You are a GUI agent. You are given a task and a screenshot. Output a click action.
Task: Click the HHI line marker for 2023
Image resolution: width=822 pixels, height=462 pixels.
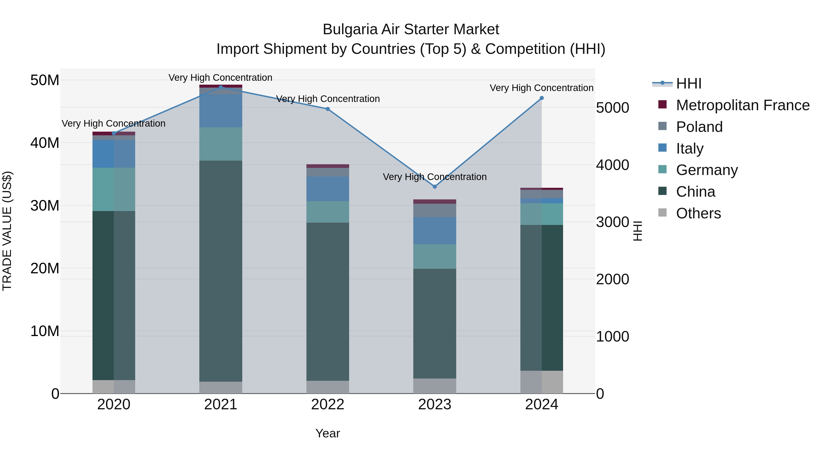(x=435, y=187)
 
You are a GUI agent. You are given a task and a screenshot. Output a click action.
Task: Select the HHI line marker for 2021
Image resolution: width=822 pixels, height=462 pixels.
(x=221, y=87)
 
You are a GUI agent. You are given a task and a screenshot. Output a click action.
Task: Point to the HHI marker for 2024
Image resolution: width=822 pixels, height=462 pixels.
(x=542, y=98)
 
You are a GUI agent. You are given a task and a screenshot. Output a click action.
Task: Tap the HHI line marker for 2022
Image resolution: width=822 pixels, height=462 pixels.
(x=328, y=109)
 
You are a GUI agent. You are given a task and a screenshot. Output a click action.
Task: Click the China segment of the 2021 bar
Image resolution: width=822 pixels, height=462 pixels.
(x=221, y=271)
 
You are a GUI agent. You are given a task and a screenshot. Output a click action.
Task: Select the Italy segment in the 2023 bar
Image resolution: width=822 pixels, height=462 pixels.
(x=435, y=231)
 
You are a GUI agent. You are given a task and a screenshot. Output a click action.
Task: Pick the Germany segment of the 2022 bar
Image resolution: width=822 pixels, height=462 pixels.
(x=328, y=212)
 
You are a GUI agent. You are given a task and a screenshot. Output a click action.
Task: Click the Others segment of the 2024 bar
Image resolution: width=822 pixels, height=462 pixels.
(x=542, y=382)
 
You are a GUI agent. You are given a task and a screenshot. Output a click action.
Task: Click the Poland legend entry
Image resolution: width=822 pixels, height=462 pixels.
(x=699, y=127)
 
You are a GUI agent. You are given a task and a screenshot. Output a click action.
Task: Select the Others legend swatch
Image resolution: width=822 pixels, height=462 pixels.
(x=662, y=213)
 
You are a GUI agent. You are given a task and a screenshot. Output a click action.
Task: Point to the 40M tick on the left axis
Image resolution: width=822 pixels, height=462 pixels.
(x=45, y=143)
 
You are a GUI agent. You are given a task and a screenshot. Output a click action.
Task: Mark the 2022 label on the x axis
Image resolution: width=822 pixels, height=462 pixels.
(x=328, y=405)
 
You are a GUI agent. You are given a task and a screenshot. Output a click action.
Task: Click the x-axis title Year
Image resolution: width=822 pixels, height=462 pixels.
(x=328, y=433)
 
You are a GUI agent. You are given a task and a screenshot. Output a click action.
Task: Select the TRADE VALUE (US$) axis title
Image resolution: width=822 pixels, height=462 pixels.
(x=7, y=231)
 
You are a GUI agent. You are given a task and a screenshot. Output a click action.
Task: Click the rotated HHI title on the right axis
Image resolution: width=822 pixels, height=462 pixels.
(x=637, y=231)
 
